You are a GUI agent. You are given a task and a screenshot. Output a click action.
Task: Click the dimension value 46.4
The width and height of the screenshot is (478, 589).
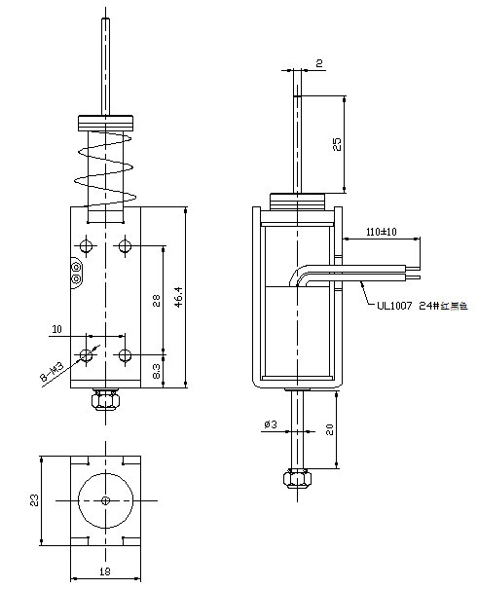(177, 296)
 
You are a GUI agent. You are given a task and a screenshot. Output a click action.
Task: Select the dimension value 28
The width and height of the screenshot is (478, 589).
(155, 300)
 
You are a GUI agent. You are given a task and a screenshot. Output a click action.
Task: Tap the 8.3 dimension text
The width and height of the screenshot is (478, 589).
(156, 370)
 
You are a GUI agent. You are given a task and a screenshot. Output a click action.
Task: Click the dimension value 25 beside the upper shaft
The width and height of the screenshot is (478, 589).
(337, 144)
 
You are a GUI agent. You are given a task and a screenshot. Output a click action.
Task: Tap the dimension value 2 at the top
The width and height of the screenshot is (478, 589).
(318, 64)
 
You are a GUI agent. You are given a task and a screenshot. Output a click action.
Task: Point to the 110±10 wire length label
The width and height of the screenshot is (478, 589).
(381, 233)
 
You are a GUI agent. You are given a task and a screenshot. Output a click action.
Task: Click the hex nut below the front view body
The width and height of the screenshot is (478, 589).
(104, 399)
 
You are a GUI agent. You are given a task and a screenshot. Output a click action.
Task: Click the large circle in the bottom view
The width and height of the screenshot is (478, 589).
(105, 499)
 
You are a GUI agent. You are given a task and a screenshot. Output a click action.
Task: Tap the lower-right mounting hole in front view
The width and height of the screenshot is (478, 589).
(123, 351)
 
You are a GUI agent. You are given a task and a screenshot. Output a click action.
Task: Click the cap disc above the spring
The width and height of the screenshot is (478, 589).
(105, 123)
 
